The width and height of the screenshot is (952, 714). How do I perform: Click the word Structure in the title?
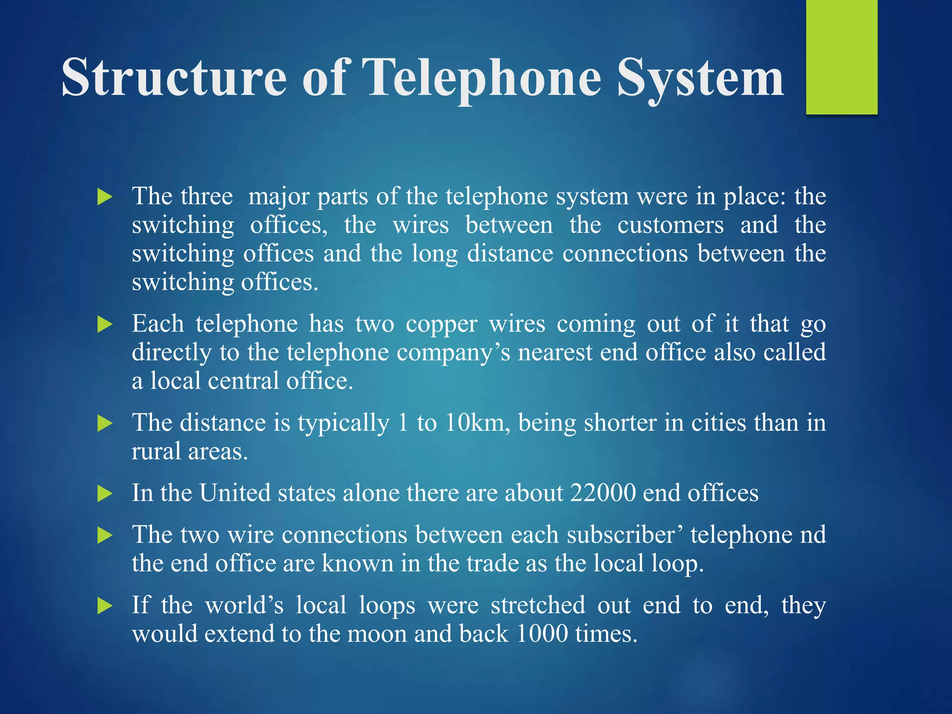point(174,77)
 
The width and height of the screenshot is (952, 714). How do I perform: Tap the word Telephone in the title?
point(482,78)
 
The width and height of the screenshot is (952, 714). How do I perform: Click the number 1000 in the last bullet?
point(542,634)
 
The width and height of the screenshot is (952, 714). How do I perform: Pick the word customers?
point(670,225)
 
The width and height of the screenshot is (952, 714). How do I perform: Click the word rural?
point(156,451)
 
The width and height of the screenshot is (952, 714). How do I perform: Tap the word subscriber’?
point(624,535)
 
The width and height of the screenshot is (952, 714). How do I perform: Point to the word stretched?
point(538,605)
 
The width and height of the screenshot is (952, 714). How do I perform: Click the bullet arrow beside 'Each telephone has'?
point(105,324)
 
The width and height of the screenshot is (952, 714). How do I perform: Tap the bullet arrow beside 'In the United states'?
point(105,493)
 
